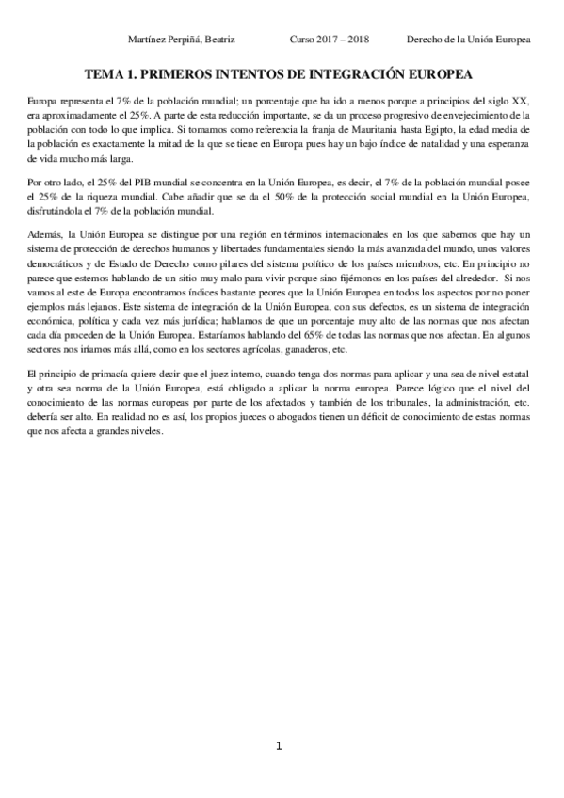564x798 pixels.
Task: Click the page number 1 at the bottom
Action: pyautogui.click(x=279, y=746)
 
